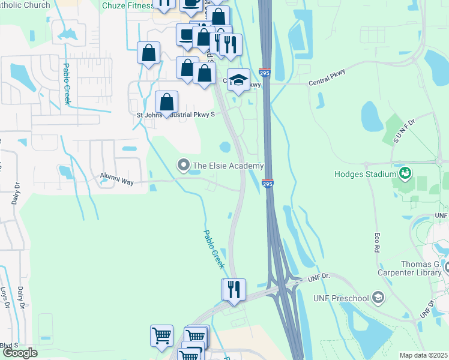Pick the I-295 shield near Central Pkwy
[x=265, y=73]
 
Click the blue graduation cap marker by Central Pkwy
[x=238, y=80]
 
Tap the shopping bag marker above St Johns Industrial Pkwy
[x=166, y=102]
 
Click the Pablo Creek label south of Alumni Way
[x=213, y=248]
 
